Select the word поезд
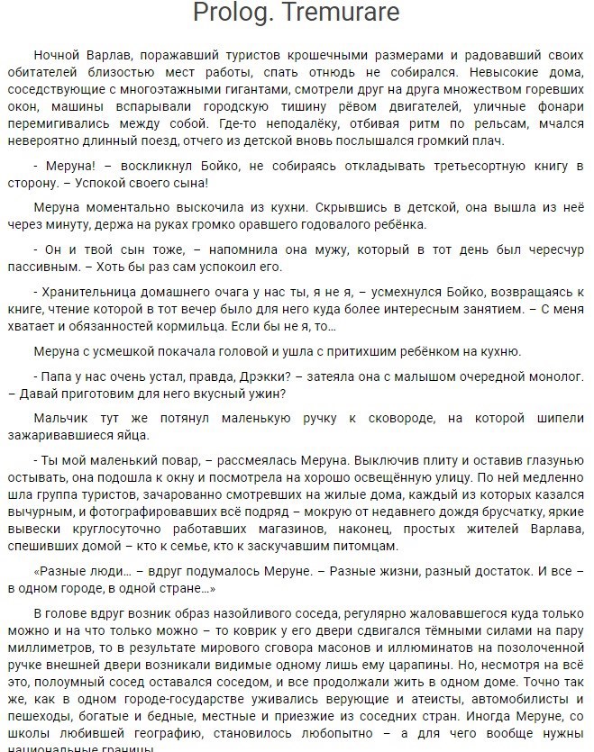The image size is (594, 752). pyautogui.click(x=210, y=141)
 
